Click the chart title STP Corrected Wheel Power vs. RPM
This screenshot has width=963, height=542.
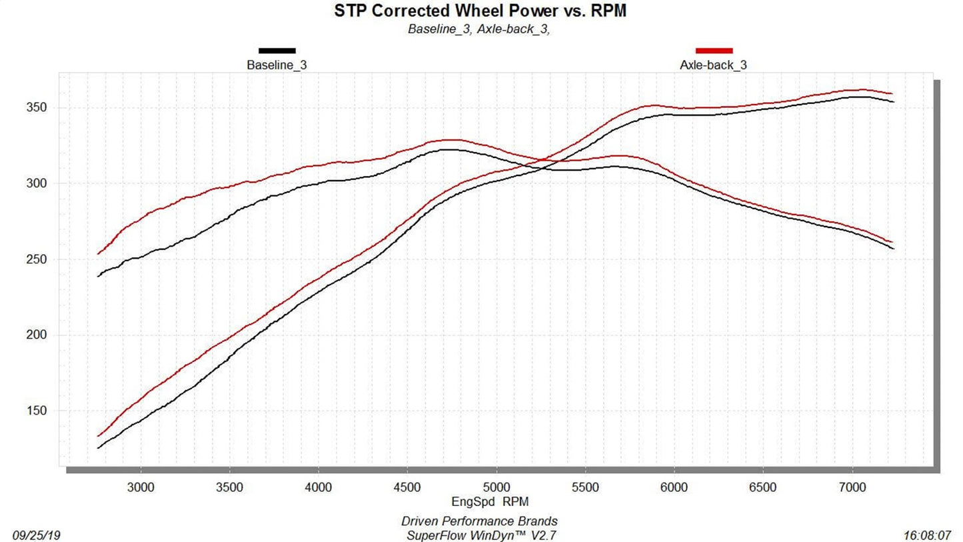coord(480,11)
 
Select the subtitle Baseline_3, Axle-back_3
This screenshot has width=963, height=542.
coord(479,29)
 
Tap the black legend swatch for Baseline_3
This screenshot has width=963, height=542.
coord(277,51)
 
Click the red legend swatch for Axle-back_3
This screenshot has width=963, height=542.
coord(714,51)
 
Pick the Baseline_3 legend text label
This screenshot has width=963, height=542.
coord(277,65)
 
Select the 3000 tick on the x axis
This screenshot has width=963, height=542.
coord(141,487)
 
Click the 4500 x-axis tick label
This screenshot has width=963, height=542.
coord(407,487)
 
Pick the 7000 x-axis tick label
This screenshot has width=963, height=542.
coord(852,487)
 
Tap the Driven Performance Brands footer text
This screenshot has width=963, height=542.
coord(479,521)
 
